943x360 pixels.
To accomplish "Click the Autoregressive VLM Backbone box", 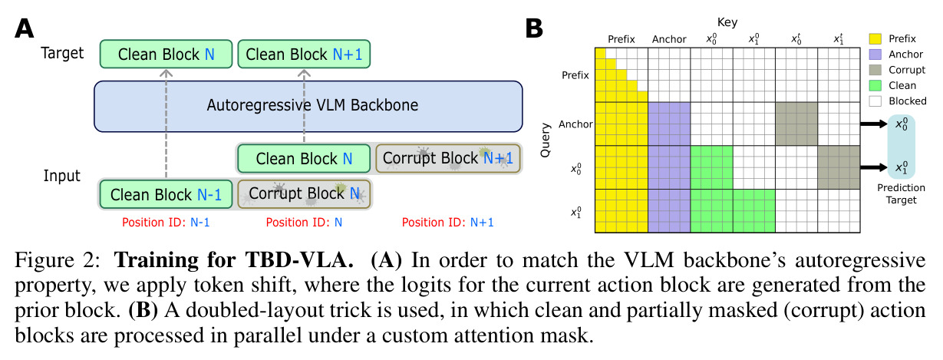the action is click(308, 106).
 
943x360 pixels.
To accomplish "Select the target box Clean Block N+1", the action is click(304, 54).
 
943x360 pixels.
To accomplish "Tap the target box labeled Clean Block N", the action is click(166, 54).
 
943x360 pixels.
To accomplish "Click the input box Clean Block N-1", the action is click(166, 194).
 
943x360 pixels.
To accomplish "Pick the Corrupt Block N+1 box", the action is click(448, 158).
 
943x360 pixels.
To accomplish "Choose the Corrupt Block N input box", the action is click(304, 193).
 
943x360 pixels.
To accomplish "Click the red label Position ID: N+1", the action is click(447, 223).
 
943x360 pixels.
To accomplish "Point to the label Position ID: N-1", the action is click(166, 223).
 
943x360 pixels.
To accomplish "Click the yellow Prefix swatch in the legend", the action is click(875, 38).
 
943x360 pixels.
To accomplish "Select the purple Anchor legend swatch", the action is click(875, 54).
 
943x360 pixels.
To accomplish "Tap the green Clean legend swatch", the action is click(875, 85).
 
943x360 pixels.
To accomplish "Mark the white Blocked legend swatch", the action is click(875, 101).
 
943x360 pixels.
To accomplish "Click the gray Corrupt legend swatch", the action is click(875, 70).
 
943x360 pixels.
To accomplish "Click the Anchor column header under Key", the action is click(669, 39).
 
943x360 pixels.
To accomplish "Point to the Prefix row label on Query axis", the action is click(575, 75).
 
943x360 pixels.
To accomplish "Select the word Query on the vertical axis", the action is click(546, 140).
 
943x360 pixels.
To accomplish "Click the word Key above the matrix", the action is click(727, 22).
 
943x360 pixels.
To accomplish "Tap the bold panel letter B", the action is click(534, 28).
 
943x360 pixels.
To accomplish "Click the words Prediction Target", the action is click(901, 193).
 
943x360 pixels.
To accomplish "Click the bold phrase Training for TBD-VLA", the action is click(234, 259).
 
